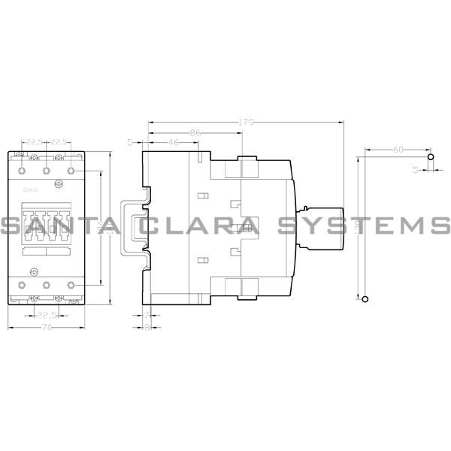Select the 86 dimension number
coord(195,132)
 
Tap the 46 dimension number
coord(174,142)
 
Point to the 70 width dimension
coord(47,328)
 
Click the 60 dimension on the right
coord(397,150)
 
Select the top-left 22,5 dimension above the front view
coord(34,142)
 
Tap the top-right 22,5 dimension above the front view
coord(60,142)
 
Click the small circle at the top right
coord(430,158)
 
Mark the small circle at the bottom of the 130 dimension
coord(366,299)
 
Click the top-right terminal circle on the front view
coord(72,171)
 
